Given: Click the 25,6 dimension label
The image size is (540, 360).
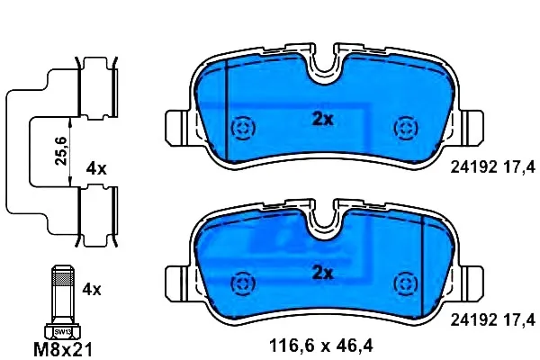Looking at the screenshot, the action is (x=61, y=151).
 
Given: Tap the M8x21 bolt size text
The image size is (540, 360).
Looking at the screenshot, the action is (x=63, y=350).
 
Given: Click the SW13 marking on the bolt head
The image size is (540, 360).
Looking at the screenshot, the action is (x=63, y=332).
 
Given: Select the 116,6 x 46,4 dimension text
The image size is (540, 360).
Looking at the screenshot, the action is (x=321, y=346).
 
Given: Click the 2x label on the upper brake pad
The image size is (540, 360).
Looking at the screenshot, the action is (x=323, y=119).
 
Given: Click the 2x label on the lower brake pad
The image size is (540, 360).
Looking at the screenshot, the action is (x=323, y=274).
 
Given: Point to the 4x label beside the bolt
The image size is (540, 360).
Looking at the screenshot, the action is (x=92, y=290).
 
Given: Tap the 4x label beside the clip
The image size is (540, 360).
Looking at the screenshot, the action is (x=96, y=169).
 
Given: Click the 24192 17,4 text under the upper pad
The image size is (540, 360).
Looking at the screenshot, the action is (x=493, y=167).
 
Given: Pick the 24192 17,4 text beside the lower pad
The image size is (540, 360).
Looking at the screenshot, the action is (x=493, y=320).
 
